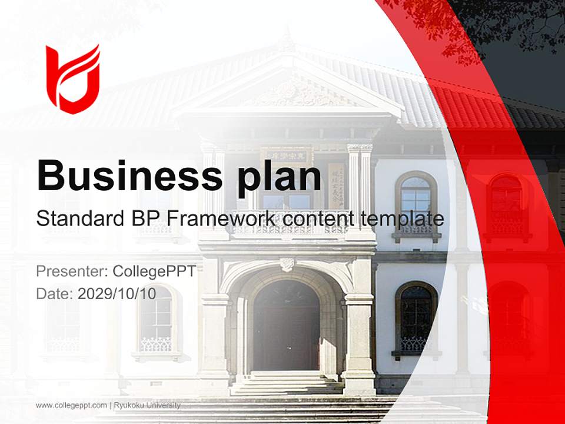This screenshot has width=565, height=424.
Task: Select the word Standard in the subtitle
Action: coord(76,219)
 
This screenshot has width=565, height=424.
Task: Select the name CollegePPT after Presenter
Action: coord(154,271)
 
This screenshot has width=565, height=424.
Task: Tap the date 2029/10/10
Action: coord(117,294)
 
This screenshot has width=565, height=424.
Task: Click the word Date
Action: coord(54,294)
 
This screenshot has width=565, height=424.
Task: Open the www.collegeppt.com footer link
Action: coord(71,405)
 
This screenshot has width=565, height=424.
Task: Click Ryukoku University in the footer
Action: coord(147,405)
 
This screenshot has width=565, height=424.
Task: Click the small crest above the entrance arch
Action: coord(287,264)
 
